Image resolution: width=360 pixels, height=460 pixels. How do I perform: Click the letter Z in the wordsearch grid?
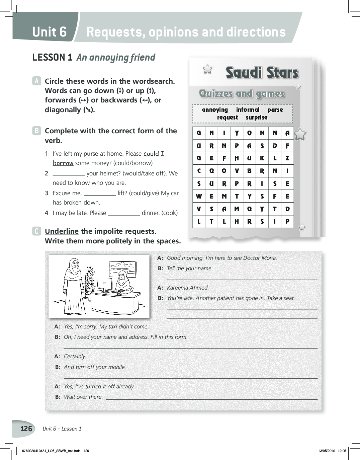point(287,158)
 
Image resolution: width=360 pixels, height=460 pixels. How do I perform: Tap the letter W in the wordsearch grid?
point(199,196)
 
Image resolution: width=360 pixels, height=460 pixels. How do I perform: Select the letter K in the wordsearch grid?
point(262,158)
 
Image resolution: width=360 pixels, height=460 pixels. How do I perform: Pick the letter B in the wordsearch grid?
point(249,171)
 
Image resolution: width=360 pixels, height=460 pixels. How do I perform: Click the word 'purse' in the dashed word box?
point(275,110)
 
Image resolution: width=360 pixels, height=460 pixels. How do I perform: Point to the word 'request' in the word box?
point(227,118)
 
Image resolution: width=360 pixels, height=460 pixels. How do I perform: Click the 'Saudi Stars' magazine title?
point(262,73)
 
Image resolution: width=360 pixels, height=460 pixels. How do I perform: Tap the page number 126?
point(26,429)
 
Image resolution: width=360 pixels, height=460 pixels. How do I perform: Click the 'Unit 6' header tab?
point(49,32)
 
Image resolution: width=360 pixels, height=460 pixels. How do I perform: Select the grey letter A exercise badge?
point(36,81)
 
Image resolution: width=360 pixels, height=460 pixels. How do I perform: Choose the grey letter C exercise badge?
point(36,231)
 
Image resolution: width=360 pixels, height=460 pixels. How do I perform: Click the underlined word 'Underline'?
point(62,231)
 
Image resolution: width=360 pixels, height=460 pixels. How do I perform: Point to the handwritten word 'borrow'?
point(63,163)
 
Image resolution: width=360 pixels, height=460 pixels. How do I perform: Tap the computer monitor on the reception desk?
point(104,284)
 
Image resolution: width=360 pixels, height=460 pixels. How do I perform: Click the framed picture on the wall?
point(122,269)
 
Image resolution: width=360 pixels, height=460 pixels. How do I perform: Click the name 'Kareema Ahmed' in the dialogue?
point(188,288)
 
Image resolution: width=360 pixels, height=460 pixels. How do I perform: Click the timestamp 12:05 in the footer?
point(342,451)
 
